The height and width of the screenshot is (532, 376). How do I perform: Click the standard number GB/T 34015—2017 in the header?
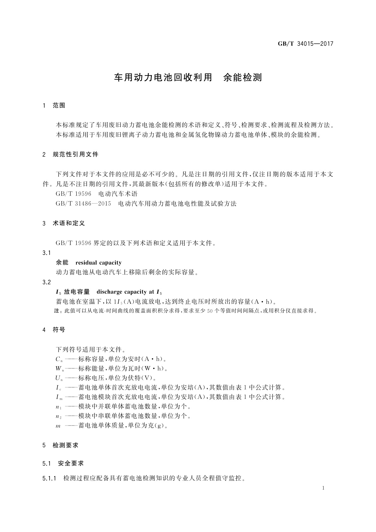[x=305, y=44]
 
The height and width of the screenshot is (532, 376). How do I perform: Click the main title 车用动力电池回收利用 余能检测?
[x=188, y=78]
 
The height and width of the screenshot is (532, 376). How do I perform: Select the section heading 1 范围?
[x=54, y=106]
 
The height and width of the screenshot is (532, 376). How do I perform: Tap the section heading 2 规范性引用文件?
[x=70, y=154]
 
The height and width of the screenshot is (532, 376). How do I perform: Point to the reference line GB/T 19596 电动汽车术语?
[x=97, y=194]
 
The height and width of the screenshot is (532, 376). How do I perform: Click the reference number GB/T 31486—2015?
[x=83, y=203]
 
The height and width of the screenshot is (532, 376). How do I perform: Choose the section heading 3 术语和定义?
[x=64, y=223]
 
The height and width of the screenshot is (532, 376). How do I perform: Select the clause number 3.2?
[x=46, y=282]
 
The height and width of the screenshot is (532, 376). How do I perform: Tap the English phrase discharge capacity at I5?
[x=129, y=292]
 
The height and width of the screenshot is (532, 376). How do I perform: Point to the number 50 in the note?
[x=210, y=311]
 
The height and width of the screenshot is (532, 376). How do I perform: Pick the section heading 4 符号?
[x=54, y=330]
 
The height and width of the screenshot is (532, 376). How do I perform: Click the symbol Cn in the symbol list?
[x=59, y=359]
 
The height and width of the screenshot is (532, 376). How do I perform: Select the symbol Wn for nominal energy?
[x=59, y=369]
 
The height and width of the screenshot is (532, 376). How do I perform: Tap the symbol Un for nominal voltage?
[x=59, y=378]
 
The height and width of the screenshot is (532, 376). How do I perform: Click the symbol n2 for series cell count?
[x=58, y=416]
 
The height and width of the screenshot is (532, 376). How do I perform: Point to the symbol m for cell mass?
[x=58, y=426]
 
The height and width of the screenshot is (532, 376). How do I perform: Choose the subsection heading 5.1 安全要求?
[x=63, y=463]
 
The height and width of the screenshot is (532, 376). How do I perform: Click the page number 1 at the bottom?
[x=324, y=488]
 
